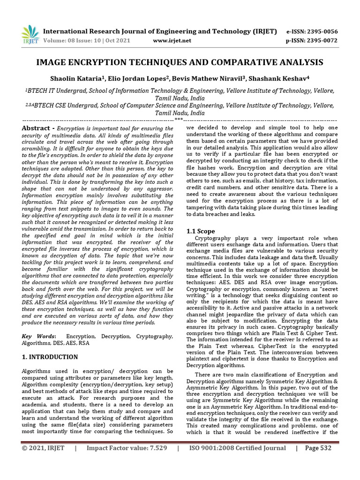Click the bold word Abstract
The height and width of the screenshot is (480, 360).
pos(37,128)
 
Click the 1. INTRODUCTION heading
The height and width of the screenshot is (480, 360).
pos(50,357)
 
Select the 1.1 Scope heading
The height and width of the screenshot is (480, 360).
pos(201,231)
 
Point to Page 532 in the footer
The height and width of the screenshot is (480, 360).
pos(318,448)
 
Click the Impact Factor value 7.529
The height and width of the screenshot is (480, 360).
pos(127,448)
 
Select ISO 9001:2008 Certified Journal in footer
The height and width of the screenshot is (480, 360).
pos(237,448)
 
